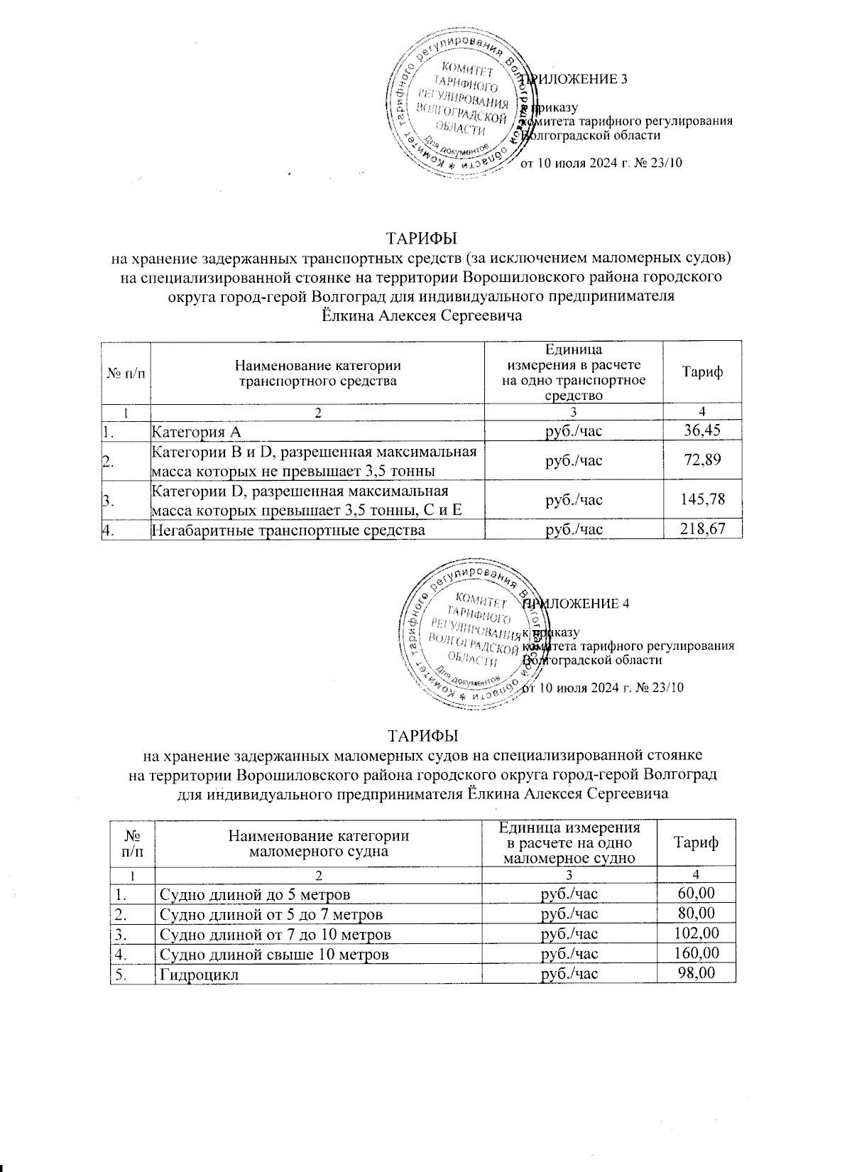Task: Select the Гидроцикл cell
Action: coord(199,974)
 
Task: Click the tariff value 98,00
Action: coord(697,973)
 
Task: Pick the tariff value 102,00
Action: coord(697,933)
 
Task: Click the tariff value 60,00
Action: coord(697,894)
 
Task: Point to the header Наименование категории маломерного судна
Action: coord(317,842)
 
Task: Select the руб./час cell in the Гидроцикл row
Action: coord(569,973)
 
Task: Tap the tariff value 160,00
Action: coord(697,953)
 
